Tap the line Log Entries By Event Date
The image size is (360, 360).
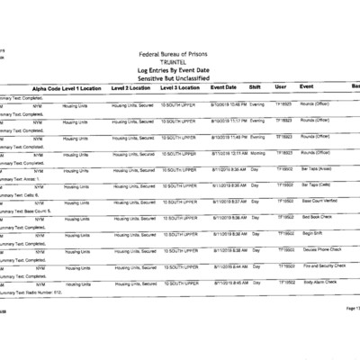[x=180, y=71]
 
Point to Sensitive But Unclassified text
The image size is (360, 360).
[x=180, y=79]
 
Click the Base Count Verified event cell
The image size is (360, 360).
[x=319, y=201]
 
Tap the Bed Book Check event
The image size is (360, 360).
[x=318, y=217]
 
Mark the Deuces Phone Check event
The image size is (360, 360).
[x=320, y=249]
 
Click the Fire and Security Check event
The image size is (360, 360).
[x=323, y=266]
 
